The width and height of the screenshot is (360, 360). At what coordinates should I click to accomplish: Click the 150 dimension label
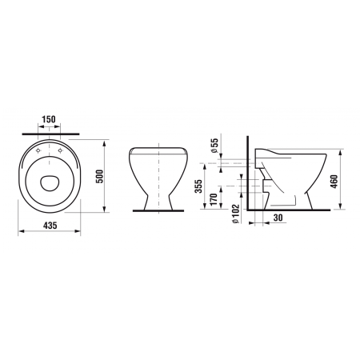(49, 119)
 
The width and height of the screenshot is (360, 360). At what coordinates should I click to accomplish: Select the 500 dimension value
(99, 176)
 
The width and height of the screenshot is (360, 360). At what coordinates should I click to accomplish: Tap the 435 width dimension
(50, 226)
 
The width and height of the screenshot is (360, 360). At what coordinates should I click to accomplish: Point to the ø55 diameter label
(214, 146)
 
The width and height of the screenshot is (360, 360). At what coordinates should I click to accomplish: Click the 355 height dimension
(198, 186)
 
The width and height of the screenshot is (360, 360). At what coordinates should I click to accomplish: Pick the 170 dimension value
(214, 199)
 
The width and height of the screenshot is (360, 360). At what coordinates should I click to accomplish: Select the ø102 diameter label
(236, 214)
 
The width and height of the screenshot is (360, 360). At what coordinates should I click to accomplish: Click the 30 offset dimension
(278, 218)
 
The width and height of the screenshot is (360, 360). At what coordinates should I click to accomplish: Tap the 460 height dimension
(334, 182)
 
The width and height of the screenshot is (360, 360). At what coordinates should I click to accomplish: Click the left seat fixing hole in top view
(38, 151)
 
